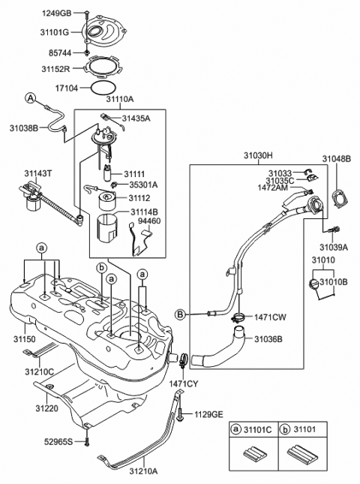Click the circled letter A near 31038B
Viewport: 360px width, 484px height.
tap(31, 98)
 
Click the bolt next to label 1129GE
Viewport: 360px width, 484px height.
tap(182, 413)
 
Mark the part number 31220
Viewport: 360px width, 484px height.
tap(45, 408)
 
